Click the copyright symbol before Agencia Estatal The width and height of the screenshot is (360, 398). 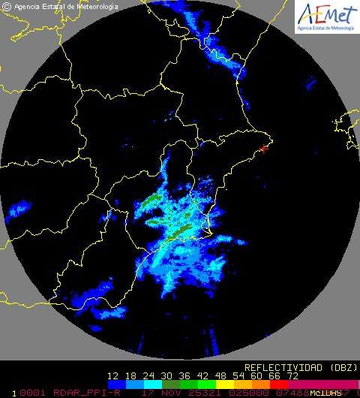click(7, 8)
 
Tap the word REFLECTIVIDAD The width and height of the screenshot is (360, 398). click(278, 367)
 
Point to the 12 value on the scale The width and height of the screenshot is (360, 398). click(114, 375)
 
